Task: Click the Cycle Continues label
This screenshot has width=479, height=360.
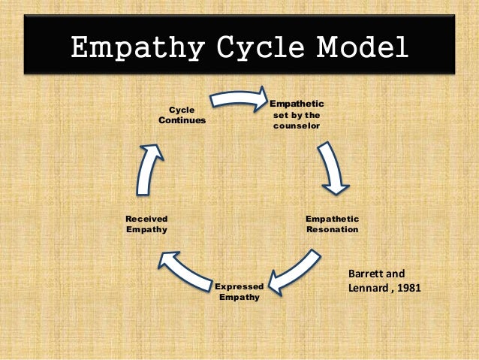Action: [182, 114]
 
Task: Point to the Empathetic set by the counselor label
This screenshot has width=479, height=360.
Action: [297, 114]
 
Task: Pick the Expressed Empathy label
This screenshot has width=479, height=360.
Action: [239, 292]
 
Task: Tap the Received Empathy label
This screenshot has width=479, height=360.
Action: [146, 223]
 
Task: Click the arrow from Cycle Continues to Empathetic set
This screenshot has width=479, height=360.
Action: [239, 97]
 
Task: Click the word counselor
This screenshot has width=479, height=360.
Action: [297, 126]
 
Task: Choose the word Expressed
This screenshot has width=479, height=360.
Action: [239, 287]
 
